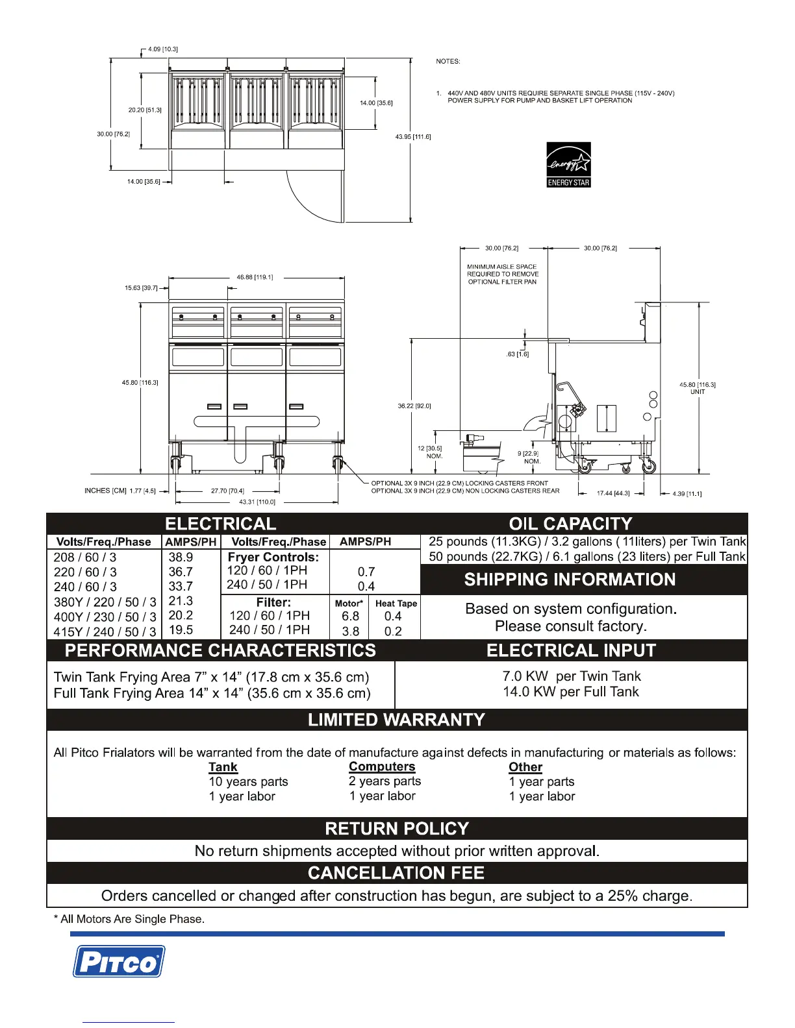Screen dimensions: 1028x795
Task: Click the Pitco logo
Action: coord(118,961)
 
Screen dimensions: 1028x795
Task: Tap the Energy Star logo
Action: coord(568,165)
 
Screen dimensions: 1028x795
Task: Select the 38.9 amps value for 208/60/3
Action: coord(181,557)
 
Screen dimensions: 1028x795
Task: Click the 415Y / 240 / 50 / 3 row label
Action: coord(105,631)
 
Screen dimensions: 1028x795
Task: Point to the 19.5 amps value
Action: coord(181,630)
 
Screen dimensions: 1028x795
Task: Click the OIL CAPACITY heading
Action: coord(570,524)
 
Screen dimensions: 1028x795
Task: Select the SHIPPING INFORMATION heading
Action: coord(570,580)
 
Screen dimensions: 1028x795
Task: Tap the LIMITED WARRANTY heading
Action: coord(396,720)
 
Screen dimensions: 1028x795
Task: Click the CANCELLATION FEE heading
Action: coord(396,873)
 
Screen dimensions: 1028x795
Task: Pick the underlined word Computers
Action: coord(382,766)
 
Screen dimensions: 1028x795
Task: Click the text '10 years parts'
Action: coord(248,782)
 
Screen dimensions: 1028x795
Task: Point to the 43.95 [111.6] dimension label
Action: coord(413,137)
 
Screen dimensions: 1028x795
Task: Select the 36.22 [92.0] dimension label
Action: coord(414,406)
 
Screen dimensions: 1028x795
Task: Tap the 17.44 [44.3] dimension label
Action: coord(613,493)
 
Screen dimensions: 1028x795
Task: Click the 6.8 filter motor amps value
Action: coord(351,616)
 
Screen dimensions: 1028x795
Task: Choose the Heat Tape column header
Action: coord(396,603)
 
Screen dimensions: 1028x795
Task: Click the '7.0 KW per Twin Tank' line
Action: coord(572,676)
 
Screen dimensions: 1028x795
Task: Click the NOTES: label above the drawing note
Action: coord(448,61)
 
